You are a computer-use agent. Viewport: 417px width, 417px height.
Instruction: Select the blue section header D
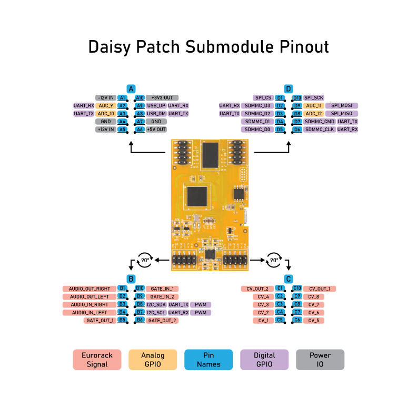(x=288, y=89)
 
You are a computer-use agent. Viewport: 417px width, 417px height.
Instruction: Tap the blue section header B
(x=131, y=279)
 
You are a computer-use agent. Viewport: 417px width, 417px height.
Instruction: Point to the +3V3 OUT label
(x=162, y=98)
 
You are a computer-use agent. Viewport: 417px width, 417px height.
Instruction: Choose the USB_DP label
(x=156, y=106)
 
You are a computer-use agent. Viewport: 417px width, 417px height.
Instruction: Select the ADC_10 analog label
(x=105, y=114)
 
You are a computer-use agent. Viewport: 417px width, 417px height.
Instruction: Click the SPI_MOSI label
(x=341, y=106)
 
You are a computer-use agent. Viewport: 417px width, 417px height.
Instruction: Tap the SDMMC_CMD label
(x=320, y=122)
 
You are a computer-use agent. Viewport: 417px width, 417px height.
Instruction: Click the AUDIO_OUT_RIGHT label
(x=90, y=289)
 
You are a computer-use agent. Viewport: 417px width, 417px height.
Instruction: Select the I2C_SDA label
(x=156, y=305)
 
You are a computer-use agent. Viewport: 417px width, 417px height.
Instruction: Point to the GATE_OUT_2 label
(x=162, y=321)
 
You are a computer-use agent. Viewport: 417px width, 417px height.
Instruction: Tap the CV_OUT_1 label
(x=320, y=289)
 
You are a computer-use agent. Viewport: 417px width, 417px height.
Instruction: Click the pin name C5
(x=280, y=321)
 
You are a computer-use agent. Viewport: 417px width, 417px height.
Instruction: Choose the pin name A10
(x=140, y=98)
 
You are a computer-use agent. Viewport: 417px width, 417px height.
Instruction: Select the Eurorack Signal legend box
(x=97, y=360)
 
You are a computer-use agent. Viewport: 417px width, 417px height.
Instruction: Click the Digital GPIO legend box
(x=264, y=360)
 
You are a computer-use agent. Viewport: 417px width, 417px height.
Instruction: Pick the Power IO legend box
(x=320, y=360)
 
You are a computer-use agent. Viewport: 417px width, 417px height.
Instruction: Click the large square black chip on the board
(x=197, y=196)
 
